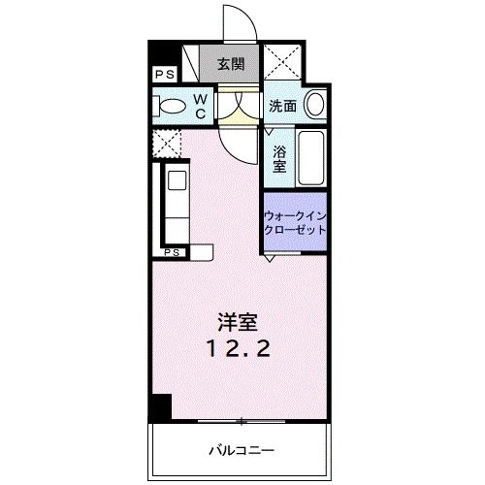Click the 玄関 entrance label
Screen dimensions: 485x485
pos(230,65)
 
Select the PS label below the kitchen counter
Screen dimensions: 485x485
pos(172,252)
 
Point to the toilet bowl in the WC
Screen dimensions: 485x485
pos(172,106)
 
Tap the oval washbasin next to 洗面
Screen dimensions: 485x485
pos(314,106)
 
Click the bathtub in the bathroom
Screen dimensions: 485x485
pos(311,157)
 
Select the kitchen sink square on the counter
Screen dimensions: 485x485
pos(178,179)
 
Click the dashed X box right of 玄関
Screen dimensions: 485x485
pos(284,65)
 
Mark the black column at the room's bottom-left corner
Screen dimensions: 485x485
pos(160,407)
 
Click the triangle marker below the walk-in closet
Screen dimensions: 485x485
pos(269,259)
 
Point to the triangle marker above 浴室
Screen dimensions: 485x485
pos(269,131)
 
